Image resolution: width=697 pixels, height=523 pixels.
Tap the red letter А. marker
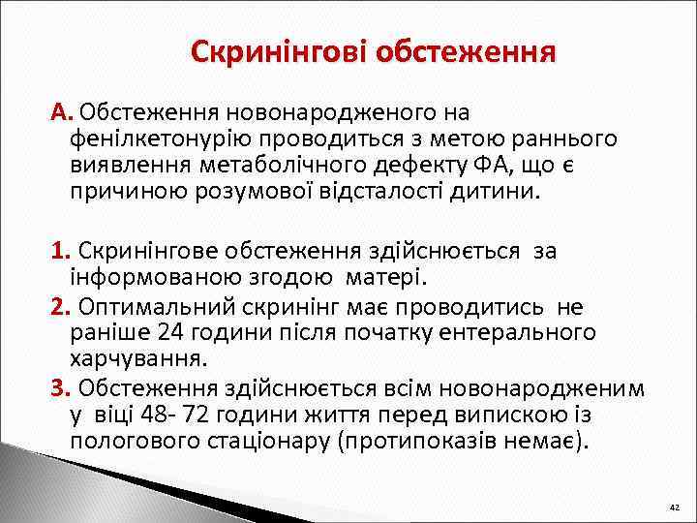63,114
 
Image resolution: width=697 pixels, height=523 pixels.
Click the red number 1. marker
63,252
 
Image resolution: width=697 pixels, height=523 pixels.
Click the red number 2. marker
63,307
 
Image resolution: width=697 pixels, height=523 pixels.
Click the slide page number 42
674,508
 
